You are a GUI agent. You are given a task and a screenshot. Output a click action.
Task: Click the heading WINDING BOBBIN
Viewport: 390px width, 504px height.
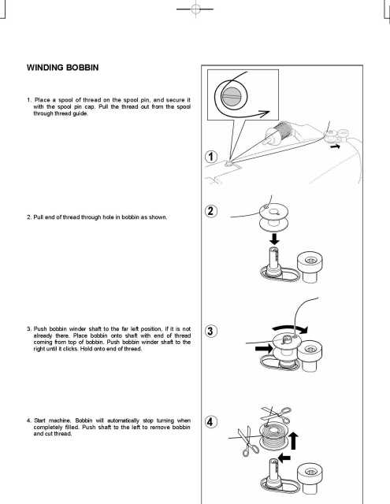pyautogui.click(x=61, y=69)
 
